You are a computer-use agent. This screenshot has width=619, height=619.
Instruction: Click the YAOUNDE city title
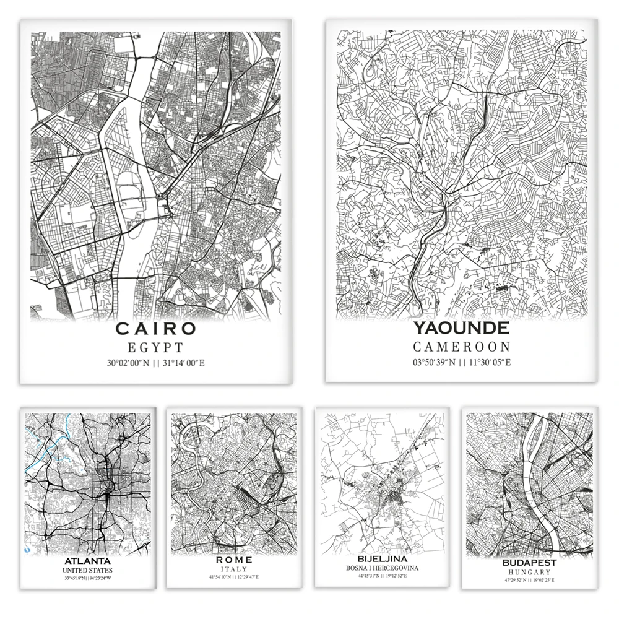(x=461, y=328)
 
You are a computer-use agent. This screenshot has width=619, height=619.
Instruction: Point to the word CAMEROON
(x=461, y=347)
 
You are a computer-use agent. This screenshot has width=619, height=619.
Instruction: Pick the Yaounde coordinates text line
(x=461, y=363)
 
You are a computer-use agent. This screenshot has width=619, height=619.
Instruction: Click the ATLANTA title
(x=87, y=561)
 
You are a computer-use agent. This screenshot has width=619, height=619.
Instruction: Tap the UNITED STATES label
(x=87, y=570)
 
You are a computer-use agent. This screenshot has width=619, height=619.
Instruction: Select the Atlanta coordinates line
(x=87, y=578)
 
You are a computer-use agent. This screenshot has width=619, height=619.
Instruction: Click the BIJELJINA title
(x=381, y=559)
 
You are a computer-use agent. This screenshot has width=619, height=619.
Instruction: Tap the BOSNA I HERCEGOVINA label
(x=381, y=568)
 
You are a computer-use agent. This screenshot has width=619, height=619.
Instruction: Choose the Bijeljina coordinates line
(x=381, y=576)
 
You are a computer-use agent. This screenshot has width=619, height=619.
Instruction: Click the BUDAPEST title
(x=530, y=563)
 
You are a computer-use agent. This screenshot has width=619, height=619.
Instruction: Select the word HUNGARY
(x=530, y=572)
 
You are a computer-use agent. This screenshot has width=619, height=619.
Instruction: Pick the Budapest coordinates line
(x=530, y=580)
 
